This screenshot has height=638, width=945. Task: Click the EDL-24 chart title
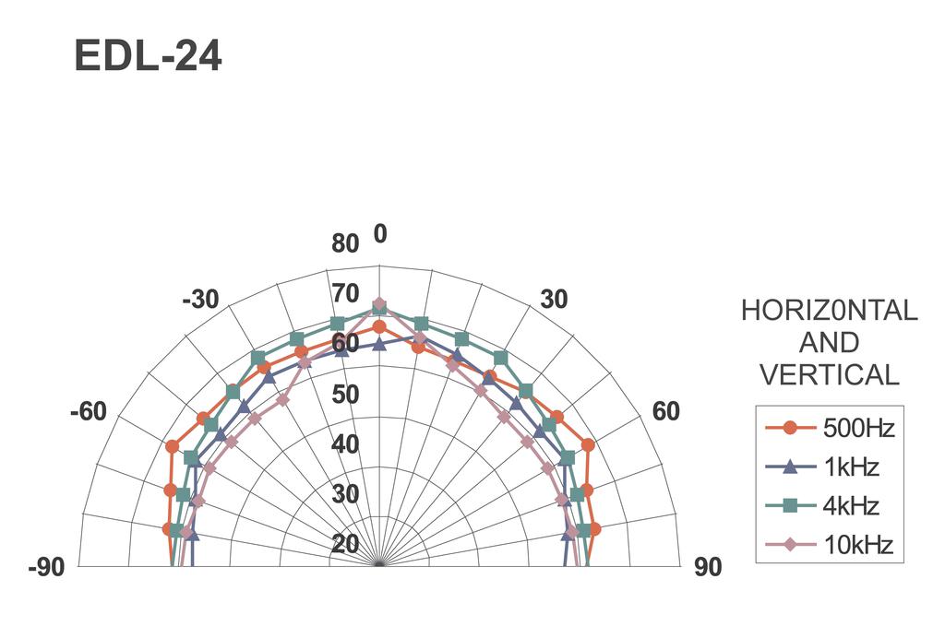149,56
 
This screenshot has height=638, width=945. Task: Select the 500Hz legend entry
831,428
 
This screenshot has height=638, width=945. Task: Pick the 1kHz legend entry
822,467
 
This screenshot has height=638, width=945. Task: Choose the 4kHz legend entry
822,505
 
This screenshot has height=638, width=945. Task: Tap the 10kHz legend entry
830,545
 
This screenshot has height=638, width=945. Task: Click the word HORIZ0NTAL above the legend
830,311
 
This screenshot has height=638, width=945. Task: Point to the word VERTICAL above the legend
830,375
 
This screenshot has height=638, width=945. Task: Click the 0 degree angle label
379,233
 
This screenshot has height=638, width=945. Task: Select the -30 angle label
200,299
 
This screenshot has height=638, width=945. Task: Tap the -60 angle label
88,412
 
